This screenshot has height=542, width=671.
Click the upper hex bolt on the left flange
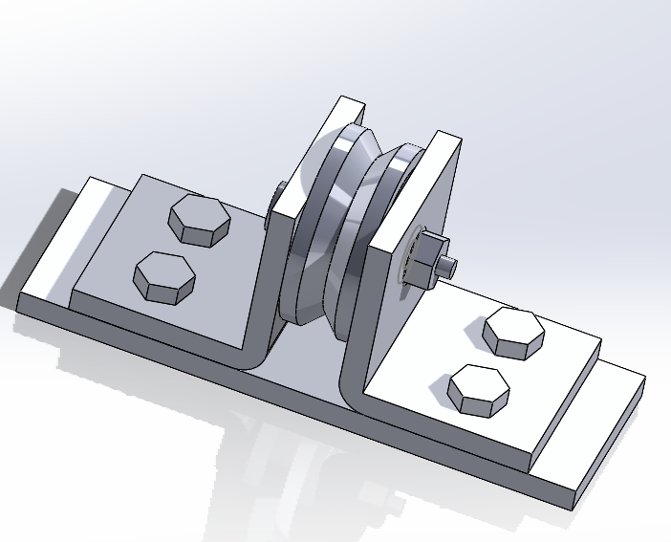[x=199, y=220]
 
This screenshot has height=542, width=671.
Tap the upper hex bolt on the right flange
[x=513, y=331]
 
